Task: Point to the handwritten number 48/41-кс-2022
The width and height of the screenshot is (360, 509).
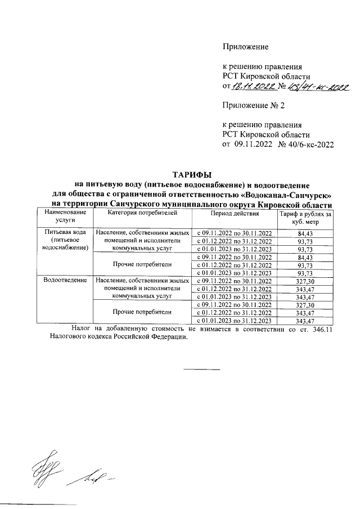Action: coord(318,86)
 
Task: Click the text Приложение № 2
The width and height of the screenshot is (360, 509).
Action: coord(250,105)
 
